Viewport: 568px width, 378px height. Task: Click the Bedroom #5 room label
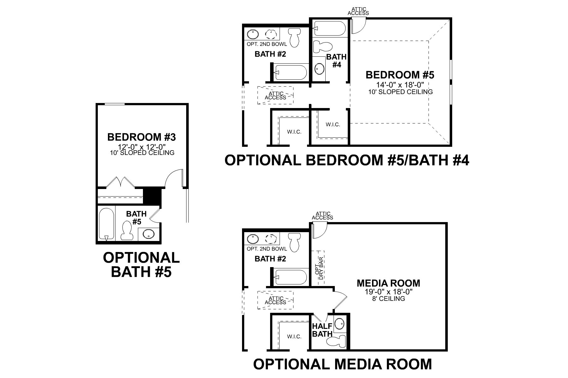pyautogui.click(x=400, y=75)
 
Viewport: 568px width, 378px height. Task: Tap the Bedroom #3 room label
pyautogui.click(x=141, y=137)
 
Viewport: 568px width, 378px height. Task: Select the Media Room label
pyautogui.click(x=388, y=283)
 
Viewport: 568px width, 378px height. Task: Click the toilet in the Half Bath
pyautogui.click(x=336, y=341)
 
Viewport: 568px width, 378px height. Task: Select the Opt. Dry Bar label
pyautogui.click(x=320, y=268)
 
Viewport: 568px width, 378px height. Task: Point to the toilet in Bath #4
pyautogui.click(x=322, y=47)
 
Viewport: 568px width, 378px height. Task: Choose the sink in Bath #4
pyautogui.click(x=319, y=68)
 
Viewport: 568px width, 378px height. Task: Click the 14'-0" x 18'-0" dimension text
pyautogui.click(x=400, y=85)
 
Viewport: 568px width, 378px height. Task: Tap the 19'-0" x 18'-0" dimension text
pyautogui.click(x=388, y=292)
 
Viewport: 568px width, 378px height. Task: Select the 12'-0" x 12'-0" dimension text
pyautogui.click(x=141, y=147)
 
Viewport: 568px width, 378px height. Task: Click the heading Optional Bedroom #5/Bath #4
pyautogui.click(x=346, y=160)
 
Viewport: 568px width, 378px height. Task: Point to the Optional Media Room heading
pyautogui.click(x=342, y=364)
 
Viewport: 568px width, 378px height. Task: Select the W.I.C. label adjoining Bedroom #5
pyautogui.click(x=333, y=124)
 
